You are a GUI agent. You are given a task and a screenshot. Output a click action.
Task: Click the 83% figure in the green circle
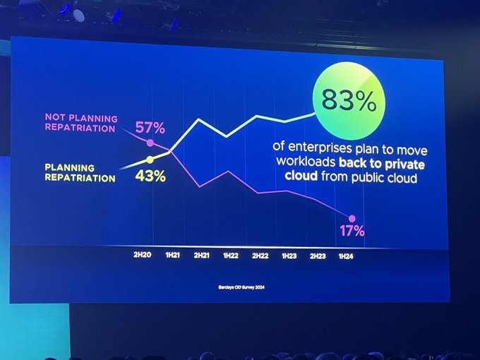tap(348, 102)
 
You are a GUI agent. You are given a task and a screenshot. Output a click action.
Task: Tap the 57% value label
tap(150, 128)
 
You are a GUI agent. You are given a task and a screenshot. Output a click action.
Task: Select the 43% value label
tap(150, 176)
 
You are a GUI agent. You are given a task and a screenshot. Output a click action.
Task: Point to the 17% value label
tap(351, 230)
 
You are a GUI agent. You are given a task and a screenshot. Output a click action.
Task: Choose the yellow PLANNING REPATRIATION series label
tap(80, 173)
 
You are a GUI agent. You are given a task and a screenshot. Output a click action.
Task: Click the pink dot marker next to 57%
tap(150, 142)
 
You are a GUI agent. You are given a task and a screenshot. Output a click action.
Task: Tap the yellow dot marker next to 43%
tap(150, 159)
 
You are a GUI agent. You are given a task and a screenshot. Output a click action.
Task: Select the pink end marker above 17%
tap(352, 218)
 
